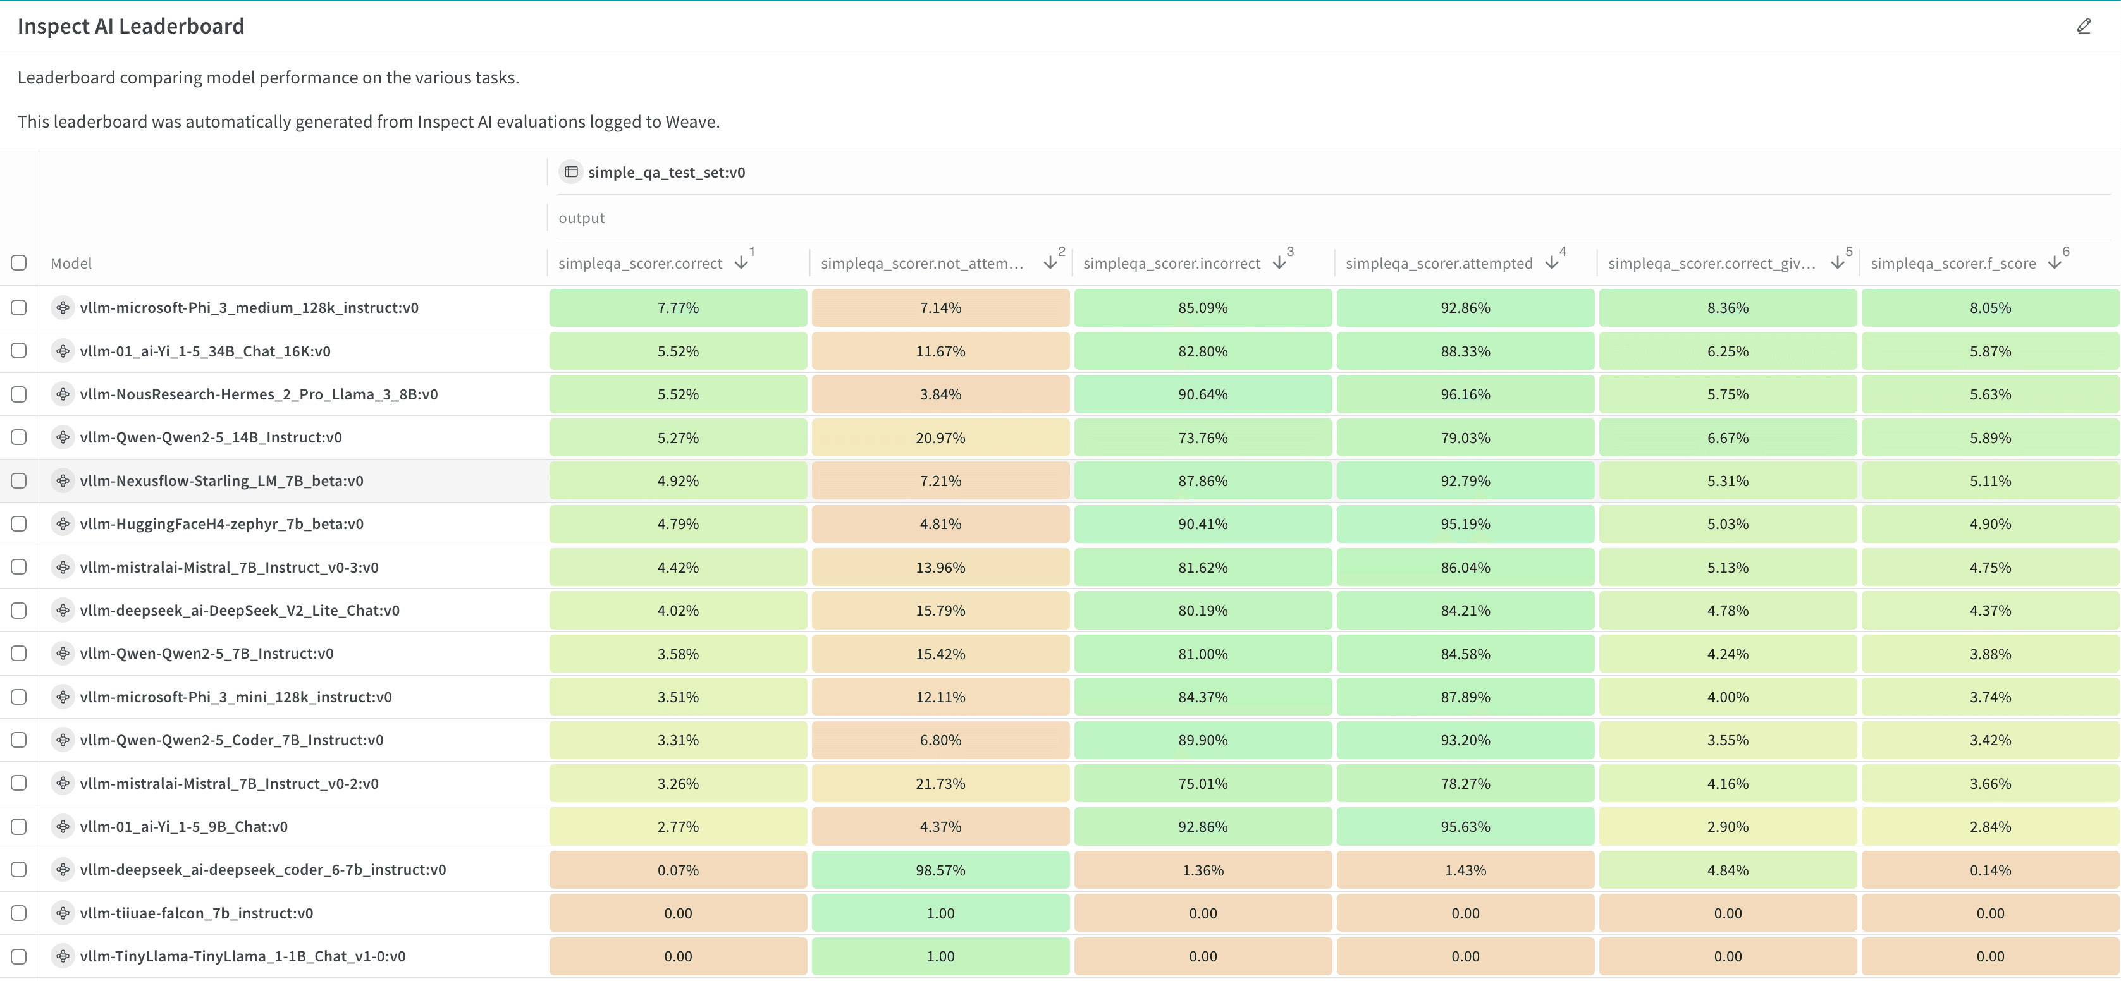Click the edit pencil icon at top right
[x=2083, y=27]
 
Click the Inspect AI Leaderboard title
[x=131, y=27]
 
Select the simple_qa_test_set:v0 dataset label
[x=665, y=172]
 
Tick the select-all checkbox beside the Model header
[x=19, y=262]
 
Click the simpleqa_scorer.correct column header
[x=640, y=264]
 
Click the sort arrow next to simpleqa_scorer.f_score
[x=2055, y=262]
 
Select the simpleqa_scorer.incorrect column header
[x=1171, y=264]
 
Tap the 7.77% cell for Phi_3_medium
[x=678, y=308]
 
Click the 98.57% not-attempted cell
[x=940, y=870]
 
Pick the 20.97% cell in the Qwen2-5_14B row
[x=940, y=438]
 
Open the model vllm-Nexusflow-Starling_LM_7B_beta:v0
[x=221, y=480]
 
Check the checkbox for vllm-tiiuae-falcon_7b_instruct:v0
[x=19, y=913]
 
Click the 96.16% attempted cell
[x=1465, y=394]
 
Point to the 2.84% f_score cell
[x=1989, y=826]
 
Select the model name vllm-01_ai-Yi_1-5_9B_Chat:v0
[x=183, y=826]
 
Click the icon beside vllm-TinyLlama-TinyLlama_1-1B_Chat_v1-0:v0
[x=63, y=956]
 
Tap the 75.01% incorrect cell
[x=1202, y=784]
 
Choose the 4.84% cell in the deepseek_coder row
[x=1728, y=870]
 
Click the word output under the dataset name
[x=581, y=218]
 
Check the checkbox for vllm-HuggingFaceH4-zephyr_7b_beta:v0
[x=19, y=523]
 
